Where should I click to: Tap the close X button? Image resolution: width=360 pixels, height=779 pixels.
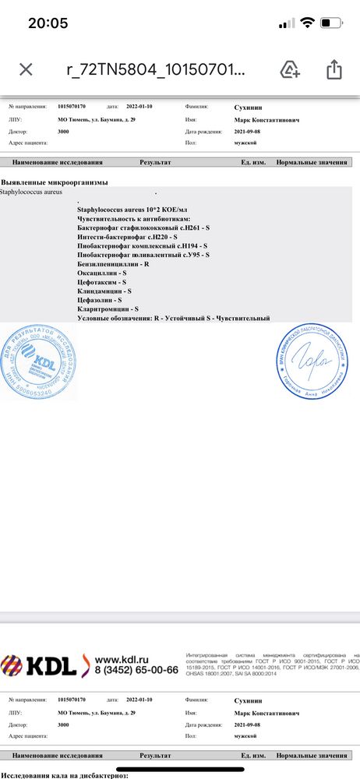pyautogui.click(x=26, y=69)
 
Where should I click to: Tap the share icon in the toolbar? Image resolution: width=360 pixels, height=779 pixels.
pyautogui.click(x=334, y=69)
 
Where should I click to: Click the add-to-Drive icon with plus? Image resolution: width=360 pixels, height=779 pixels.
pyautogui.click(x=291, y=69)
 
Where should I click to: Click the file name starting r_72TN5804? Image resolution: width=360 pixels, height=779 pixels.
pyautogui.click(x=155, y=69)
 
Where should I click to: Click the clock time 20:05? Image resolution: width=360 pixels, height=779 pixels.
pyautogui.click(x=48, y=23)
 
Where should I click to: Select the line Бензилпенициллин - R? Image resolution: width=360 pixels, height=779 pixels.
pyautogui.click(x=113, y=265)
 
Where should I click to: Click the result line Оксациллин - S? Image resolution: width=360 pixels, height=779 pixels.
pyautogui.click(x=102, y=273)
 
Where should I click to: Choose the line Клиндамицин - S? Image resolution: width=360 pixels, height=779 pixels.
pyautogui.click(x=104, y=291)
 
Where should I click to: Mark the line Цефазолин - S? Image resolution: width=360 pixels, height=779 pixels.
pyautogui.click(x=100, y=300)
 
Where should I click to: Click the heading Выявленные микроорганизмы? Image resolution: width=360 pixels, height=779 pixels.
pyautogui.click(x=54, y=182)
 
